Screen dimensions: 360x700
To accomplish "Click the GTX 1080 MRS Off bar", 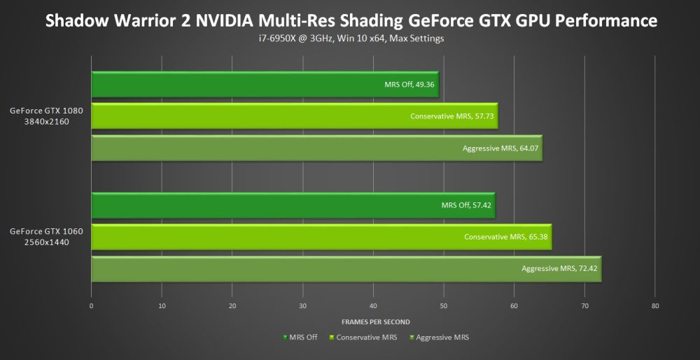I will [265, 84].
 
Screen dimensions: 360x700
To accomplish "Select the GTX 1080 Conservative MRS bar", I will [294, 116].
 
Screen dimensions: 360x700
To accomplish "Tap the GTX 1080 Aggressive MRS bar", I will [316, 148].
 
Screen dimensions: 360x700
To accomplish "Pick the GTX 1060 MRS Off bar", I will [293, 205].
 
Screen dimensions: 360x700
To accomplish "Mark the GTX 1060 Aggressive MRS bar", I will [346, 268].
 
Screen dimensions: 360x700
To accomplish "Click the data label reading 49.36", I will [410, 84].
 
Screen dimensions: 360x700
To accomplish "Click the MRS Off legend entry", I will [300, 338].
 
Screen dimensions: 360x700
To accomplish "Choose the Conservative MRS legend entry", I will [363, 338].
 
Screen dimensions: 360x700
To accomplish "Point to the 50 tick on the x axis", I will [444, 305].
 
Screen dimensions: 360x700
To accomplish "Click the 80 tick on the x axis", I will [655, 305].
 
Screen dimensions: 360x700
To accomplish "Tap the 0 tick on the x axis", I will [92, 305].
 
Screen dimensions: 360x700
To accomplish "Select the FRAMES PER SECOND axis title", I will [376, 321].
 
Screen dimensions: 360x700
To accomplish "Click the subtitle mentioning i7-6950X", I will [350, 39].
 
